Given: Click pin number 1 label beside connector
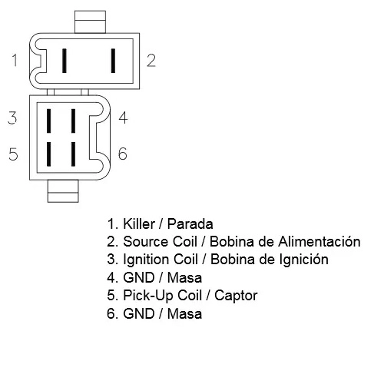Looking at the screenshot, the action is [x=15, y=61].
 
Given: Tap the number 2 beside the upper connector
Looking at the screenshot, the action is [x=151, y=61].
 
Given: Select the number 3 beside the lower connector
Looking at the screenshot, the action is [x=12, y=118].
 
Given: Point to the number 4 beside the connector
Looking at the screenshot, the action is [x=123, y=118].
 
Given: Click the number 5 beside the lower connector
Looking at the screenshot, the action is [x=13, y=154].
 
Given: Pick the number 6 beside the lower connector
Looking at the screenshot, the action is [x=123, y=154].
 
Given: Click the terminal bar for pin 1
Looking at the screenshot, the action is [x=65, y=61].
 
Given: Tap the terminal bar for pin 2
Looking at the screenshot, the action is [x=113, y=61].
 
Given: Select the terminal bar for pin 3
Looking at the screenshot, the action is [x=48, y=121].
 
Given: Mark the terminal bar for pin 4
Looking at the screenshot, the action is [x=73, y=121].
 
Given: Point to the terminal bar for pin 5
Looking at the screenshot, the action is [x=48, y=154].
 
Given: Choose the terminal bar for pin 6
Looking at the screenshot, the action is [x=73, y=154].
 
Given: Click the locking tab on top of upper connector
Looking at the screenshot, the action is [x=90, y=22].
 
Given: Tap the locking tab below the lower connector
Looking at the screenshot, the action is [x=63, y=191].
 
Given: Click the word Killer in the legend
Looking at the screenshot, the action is [x=139, y=223].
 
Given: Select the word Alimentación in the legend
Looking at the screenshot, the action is [x=319, y=241].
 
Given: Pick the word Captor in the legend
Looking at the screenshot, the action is [x=236, y=296].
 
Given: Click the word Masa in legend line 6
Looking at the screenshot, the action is [x=184, y=313].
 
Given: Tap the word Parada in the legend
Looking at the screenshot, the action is [x=190, y=223].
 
